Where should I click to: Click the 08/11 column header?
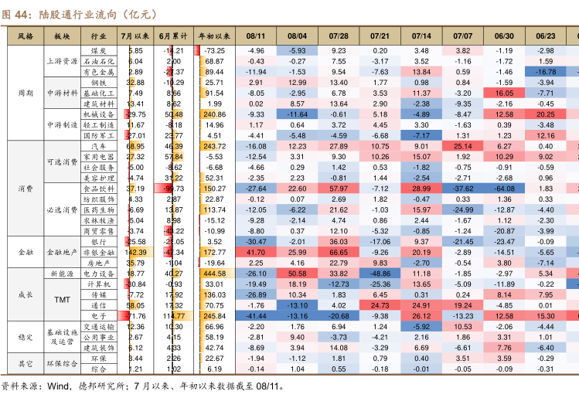256,36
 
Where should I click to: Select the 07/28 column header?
338,36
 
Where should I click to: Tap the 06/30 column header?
504,36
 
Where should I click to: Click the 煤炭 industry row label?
99,50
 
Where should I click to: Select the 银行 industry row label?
99,241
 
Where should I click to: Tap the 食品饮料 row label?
99,189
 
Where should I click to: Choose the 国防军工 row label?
99,135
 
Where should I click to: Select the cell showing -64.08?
504,189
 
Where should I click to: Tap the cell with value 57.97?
338,189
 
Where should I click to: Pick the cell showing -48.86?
380,274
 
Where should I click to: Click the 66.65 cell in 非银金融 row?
338,252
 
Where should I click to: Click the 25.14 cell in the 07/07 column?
462,146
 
